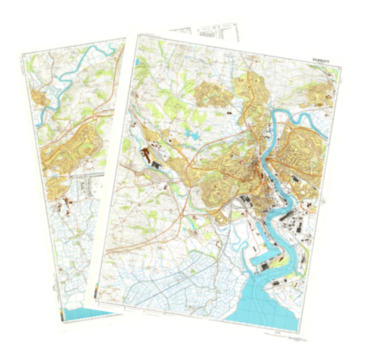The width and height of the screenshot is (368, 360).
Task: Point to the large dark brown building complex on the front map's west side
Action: (146, 151)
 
